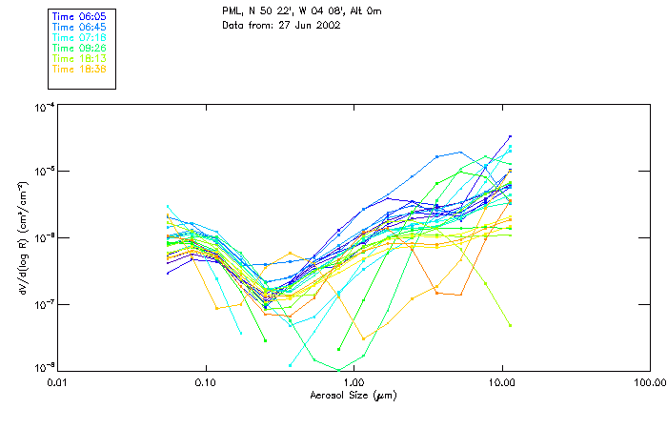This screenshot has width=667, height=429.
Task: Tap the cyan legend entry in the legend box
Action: pos(78,37)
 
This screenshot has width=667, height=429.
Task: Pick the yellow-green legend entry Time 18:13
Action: pos(78,58)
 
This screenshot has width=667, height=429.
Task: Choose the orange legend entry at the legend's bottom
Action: pos(78,69)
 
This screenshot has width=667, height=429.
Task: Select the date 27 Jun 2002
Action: pos(306,25)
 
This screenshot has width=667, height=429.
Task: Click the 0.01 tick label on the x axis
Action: pos(57,381)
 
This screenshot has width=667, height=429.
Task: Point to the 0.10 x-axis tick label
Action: pos(205,381)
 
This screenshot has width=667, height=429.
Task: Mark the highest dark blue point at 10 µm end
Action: pos(510,137)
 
